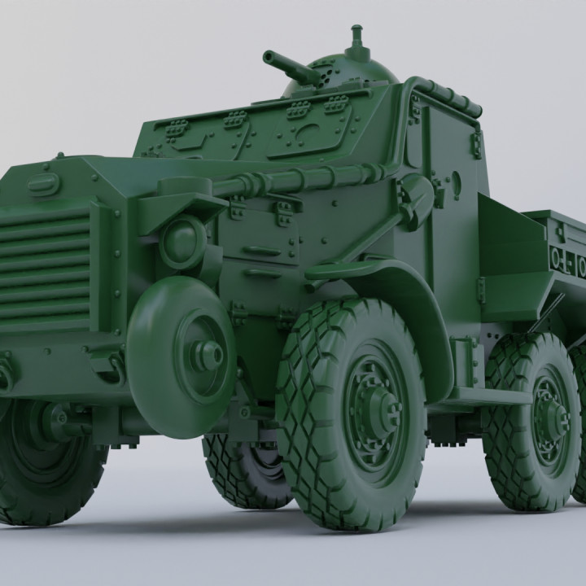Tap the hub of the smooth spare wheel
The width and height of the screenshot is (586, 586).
(208, 352)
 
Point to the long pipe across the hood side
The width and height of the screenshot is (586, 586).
(293, 181)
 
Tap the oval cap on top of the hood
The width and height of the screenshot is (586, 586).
(44, 185)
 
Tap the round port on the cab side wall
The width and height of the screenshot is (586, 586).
(455, 184)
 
